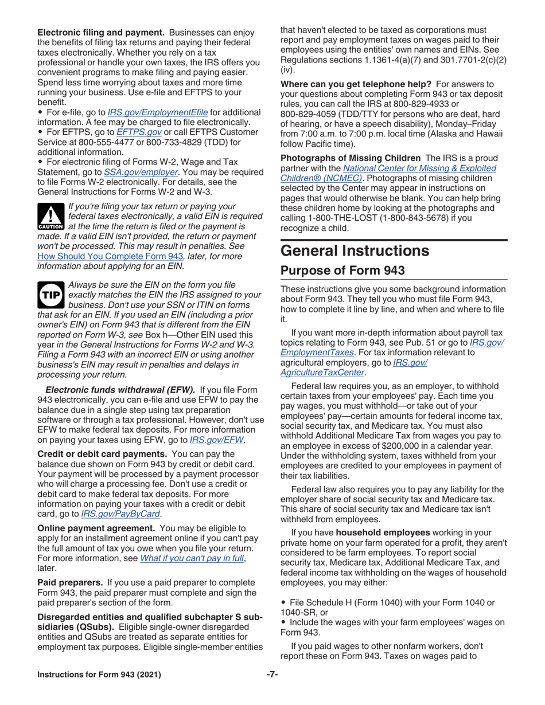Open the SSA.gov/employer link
pyautogui.click(x=136, y=171)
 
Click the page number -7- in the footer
pyautogui.click(x=272, y=674)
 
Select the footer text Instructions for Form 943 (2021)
pyautogui.click(x=99, y=674)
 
